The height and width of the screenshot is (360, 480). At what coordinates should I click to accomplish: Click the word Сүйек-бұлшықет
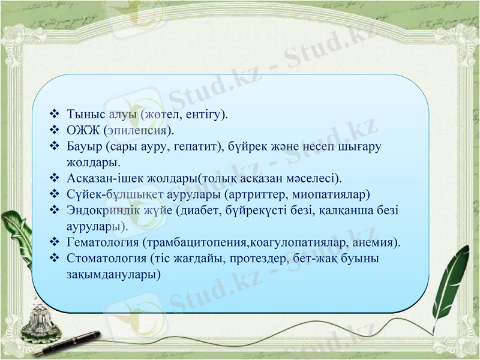[x=109, y=194]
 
